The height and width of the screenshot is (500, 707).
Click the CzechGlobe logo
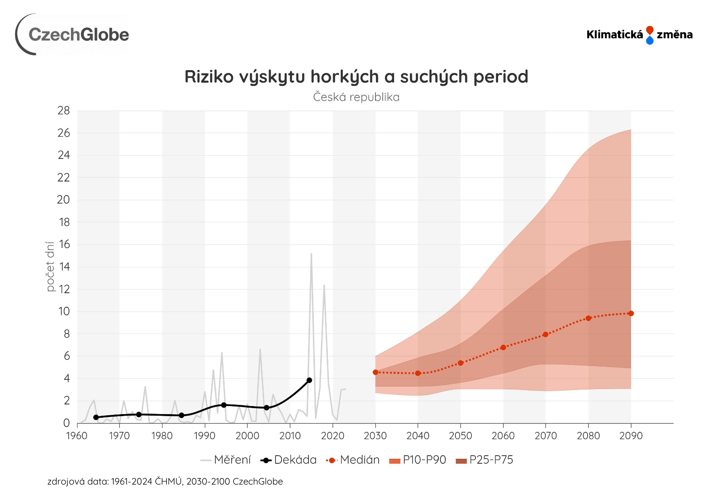point(73,35)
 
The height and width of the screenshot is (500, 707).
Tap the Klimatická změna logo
point(639,35)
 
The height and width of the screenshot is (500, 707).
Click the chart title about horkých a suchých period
point(356,77)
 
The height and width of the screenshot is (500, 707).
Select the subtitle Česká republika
point(356,97)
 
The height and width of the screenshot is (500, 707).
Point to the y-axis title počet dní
point(50,267)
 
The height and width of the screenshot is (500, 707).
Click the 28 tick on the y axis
point(64,110)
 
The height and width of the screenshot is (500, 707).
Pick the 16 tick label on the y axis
point(64,244)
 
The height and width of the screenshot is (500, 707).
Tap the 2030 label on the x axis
point(375,436)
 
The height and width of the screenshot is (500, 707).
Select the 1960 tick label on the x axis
point(77,436)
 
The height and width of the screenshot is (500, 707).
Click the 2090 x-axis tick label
point(631,436)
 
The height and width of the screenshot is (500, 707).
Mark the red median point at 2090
point(631,313)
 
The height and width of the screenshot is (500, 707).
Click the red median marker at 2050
point(461,363)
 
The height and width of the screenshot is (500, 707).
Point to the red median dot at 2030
point(375,372)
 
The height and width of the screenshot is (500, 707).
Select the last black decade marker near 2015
point(309,380)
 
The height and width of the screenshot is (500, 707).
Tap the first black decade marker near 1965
point(96,417)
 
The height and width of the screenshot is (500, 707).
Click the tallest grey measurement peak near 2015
point(311,254)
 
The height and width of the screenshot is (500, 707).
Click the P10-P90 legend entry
point(418,460)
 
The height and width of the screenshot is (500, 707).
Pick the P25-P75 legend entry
point(484,460)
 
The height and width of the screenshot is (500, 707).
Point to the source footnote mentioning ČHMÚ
point(165,481)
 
